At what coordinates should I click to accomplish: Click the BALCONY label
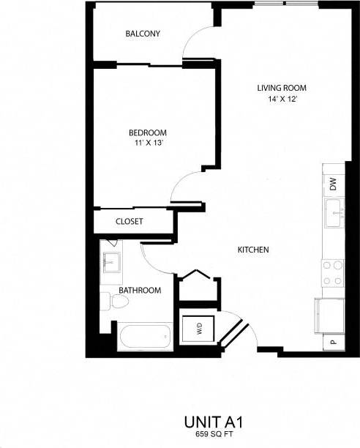tap(143, 34)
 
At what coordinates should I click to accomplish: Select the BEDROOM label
tap(143, 132)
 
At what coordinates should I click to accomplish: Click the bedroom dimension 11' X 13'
tap(143, 143)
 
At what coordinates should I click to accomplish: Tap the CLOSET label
tap(130, 221)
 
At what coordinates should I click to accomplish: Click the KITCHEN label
tap(254, 250)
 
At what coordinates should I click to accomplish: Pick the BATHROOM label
tap(140, 291)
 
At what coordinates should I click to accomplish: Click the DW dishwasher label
tap(333, 184)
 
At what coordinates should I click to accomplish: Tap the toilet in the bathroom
tap(109, 300)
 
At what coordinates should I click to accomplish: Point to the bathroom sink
tap(112, 261)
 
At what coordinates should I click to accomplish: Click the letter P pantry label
tap(333, 342)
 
